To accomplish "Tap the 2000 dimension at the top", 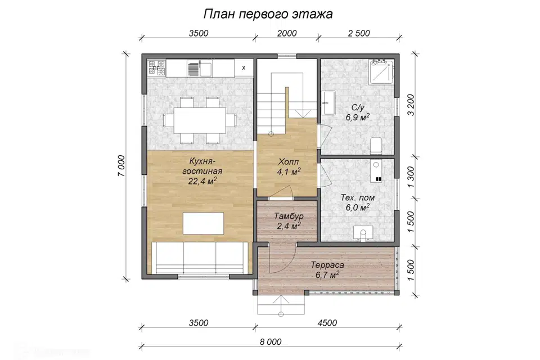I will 287,33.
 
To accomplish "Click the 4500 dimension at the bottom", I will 326,323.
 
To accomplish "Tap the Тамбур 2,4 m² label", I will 289,221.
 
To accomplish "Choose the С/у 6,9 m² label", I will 357,112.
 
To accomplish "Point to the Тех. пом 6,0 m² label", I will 357,202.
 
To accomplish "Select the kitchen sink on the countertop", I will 199,69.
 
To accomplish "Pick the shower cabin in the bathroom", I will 382,71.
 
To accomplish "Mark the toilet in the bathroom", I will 376,145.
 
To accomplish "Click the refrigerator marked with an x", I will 243,67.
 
